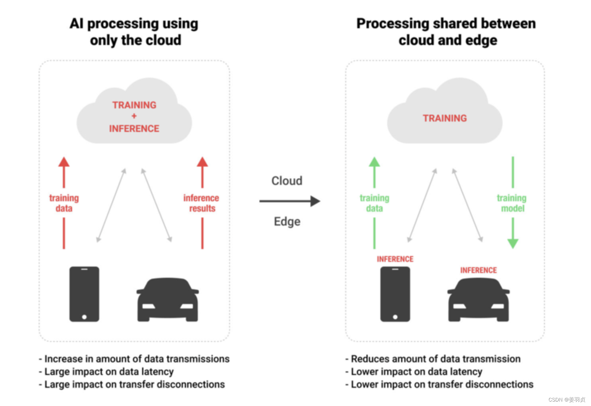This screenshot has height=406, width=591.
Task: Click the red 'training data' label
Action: (x=64, y=203)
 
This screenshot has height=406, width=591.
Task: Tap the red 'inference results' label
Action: (x=201, y=203)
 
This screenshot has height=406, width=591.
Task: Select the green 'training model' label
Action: (x=512, y=203)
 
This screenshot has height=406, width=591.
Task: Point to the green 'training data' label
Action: (x=374, y=203)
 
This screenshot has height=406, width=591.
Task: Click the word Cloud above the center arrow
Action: (x=287, y=181)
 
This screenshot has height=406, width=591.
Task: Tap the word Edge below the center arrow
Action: (x=287, y=221)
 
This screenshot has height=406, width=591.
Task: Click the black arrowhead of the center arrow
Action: (x=315, y=201)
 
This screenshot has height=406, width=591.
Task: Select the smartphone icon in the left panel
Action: (x=84, y=294)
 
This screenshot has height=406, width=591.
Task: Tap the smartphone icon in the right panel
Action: (x=395, y=294)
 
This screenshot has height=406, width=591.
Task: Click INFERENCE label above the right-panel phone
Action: (x=395, y=259)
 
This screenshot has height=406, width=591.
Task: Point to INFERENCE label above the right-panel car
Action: (x=478, y=270)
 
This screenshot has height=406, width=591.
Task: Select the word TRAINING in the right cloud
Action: (x=445, y=118)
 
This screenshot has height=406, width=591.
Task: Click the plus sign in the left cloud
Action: (x=134, y=116)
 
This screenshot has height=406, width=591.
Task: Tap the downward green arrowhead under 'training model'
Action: (x=513, y=243)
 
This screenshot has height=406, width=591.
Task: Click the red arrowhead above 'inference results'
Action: (x=202, y=162)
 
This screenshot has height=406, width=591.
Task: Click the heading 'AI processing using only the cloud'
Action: (x=134, y=32)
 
